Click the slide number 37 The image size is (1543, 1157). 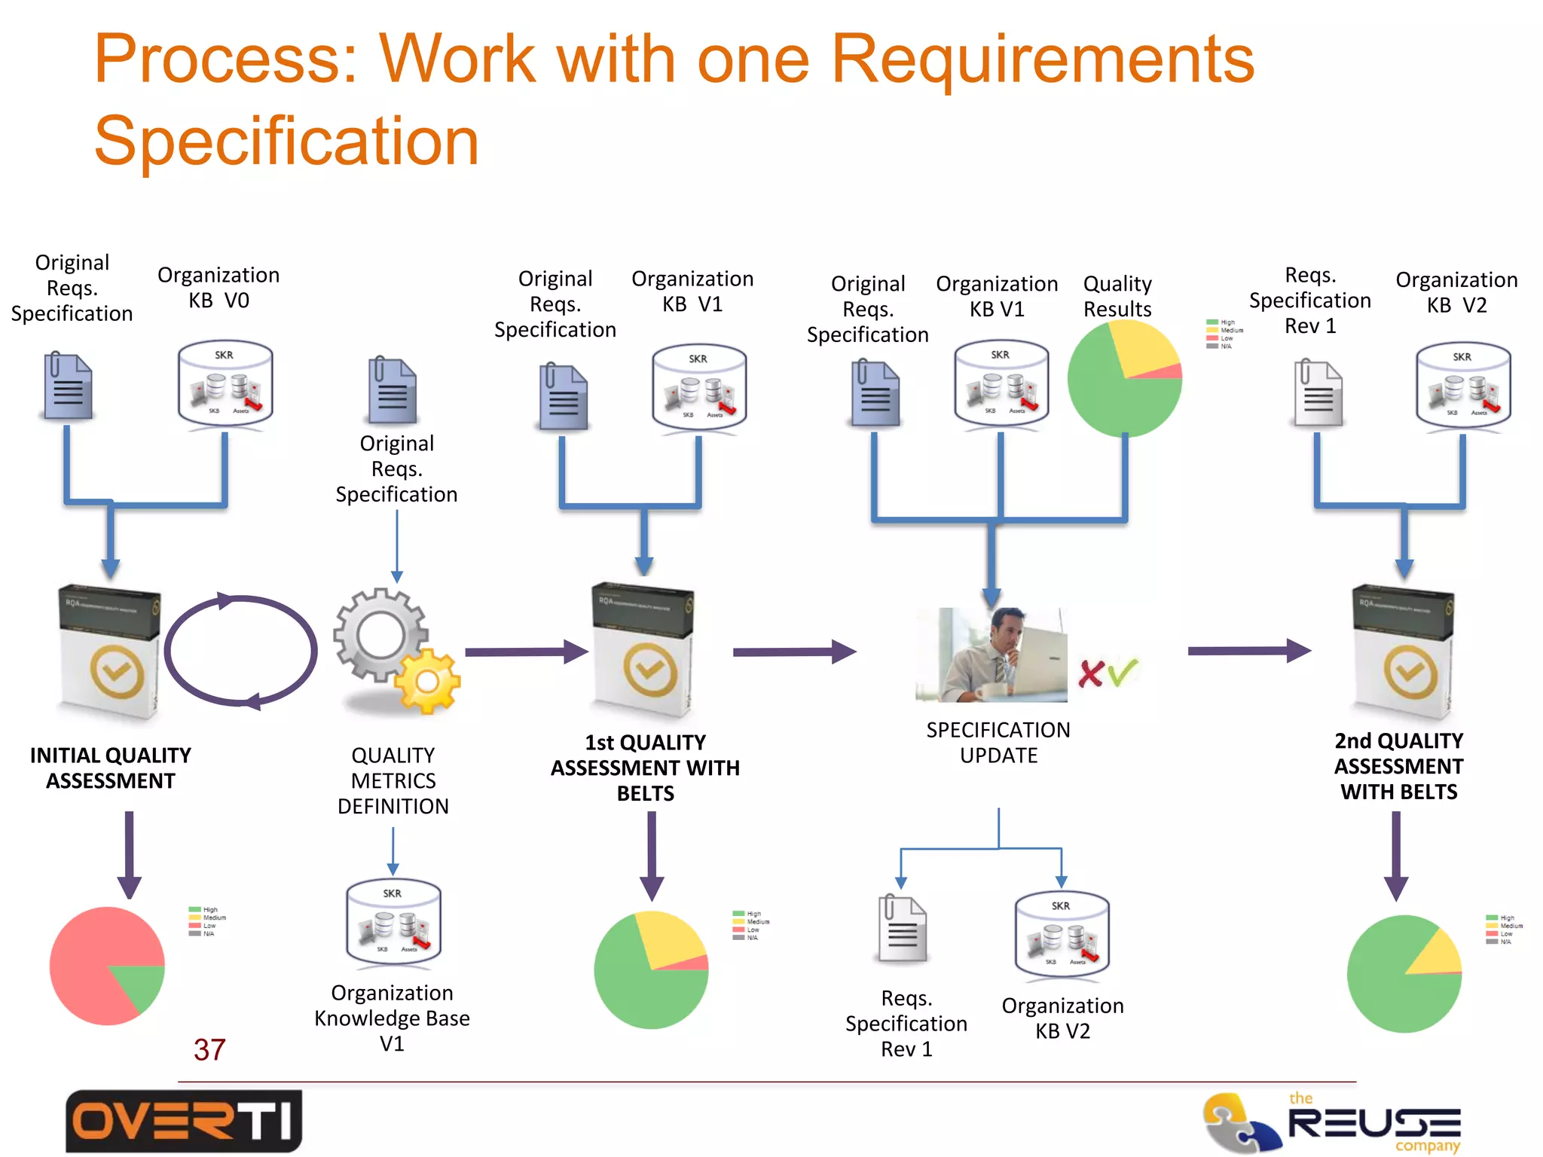click(x=209, y=1049)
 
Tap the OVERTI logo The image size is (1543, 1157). click(x=183, y=1121)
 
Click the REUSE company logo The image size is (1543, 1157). click(x=1332, y=1123)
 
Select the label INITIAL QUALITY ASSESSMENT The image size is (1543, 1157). click(x=111, y=768)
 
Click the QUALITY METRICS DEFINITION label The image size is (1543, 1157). click(x=393, y=780)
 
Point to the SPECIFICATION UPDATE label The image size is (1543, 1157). click(x=998, y=742)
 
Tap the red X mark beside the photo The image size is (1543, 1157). click(x=1090, y=673)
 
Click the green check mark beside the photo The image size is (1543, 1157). click(x=1122, y=670)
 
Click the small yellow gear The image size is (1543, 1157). click(x=427, y=681)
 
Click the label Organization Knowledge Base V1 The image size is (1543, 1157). click(x=392, y=1018)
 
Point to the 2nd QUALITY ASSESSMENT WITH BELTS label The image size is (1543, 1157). click(x=1398, y=766)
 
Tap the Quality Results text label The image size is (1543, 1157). click(x=1117, y=296)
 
